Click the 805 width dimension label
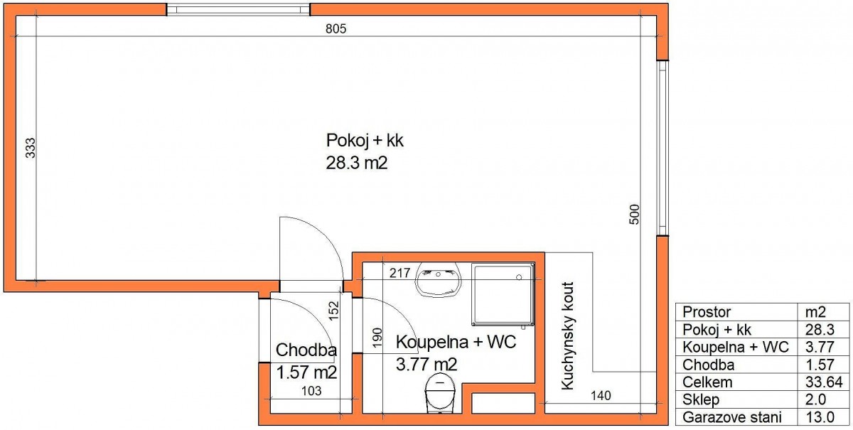click(336, 28)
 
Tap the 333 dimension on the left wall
click(30, 148)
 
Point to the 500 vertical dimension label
click(634, 215)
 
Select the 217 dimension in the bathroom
click(399, 273)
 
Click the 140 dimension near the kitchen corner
click(601, 396)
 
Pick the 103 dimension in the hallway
click(311, 391)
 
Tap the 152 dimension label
click(333, 311)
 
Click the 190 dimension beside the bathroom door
click(377, 338)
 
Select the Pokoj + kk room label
click(365, 141)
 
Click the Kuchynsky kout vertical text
click(567, 336)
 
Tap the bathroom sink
click(438, 279)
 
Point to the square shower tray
click(503, 294)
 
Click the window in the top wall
click(238, 9)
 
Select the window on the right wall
click(663, 148)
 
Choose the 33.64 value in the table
click(824, 382)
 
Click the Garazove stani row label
click(732, 417)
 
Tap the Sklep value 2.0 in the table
click(815, 399)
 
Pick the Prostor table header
click(707, 312)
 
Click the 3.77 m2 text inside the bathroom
click(426, 365)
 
